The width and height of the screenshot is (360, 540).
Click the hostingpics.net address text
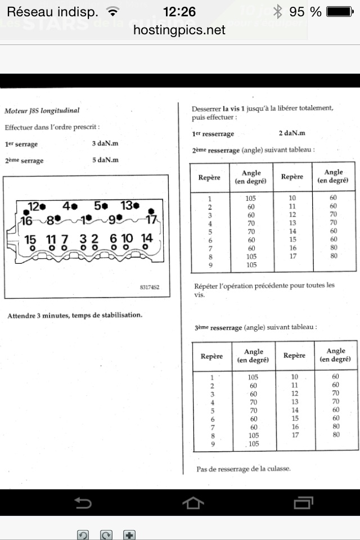click(x=179, y=30)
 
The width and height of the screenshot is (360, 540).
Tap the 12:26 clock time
click(x=179, y=11)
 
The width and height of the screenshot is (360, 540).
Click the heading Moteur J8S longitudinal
click(x=42, y=111)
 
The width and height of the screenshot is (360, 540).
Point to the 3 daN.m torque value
click(x=105, y=143)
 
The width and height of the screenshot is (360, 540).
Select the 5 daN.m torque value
click(x=105, y=160)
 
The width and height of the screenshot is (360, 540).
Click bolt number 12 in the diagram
click(x=36, y=206)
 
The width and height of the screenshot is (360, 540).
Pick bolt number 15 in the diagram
click(x=30, y=239)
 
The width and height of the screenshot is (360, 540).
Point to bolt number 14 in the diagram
click(x=147, y=238)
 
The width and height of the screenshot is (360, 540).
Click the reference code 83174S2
click(x=150, y=287)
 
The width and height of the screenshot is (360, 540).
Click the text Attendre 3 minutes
click(x=75, y=315)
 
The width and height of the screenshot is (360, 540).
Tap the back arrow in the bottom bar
click(x=83, y=502)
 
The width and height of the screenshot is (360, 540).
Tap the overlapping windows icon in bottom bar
click(x=304, y=502)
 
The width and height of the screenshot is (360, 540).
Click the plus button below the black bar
click(x=129, y=535)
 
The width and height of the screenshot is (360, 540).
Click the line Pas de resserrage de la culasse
click(x=244, y=469)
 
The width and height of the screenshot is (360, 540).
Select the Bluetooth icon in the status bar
click(x=277, y=11)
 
